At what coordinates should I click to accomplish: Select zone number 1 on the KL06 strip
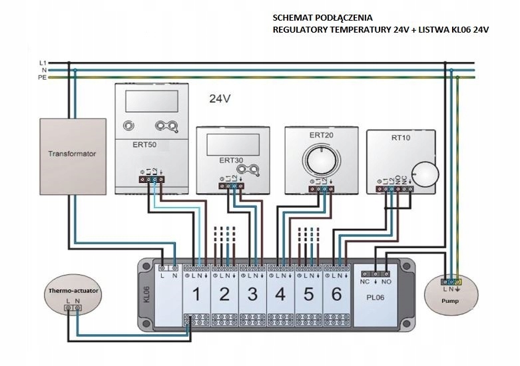click(196, 295)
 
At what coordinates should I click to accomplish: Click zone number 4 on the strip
click(280, 295)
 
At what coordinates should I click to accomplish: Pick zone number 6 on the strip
click(336, 295)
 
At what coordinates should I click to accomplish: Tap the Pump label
click(450, 301)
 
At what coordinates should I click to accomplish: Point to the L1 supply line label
click(43, 63)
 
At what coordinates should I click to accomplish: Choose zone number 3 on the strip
click(252, 295)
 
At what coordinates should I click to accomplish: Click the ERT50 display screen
click(150, 101)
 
